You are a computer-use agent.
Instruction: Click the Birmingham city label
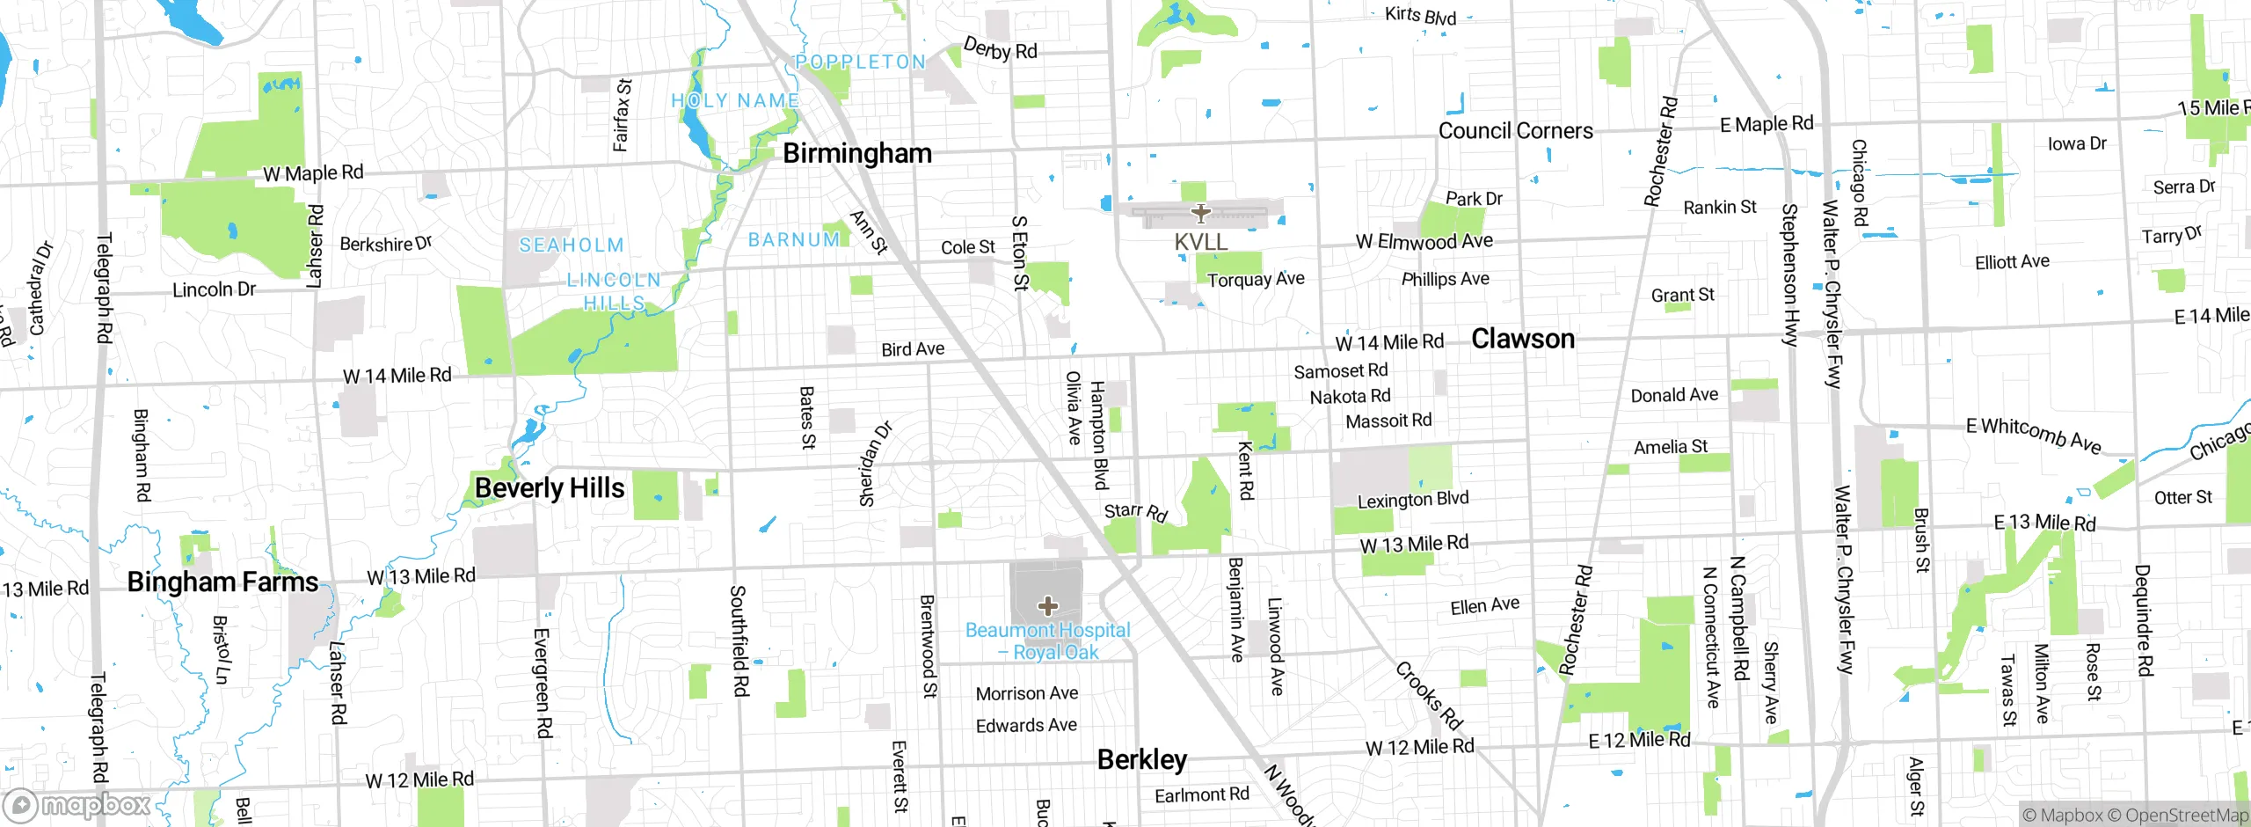(x=856, y=153)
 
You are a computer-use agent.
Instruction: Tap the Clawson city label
(x=1522, y=339)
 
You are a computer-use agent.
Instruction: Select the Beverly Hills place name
(x=550, y=488)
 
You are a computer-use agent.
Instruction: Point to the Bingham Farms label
(x=222, y=582)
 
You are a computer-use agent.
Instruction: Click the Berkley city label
(x=1141, y=759)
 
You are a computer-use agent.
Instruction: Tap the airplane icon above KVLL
(x=1200, y=213)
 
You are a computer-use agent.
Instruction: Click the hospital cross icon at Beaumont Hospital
(x=1047, y=605)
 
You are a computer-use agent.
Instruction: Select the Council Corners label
(x=1515, y=131)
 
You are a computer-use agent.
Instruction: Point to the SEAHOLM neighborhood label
(x=571, y=245)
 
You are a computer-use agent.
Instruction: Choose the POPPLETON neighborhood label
(x=860, y=62)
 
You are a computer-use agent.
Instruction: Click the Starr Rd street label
(x=1135, y=511)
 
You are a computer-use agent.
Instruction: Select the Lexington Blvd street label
(x=1412, y=500)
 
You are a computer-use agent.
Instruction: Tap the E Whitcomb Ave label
(x=2033, y=435)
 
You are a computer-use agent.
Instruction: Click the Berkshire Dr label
(x=385, y=244)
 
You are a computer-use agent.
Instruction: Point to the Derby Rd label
(x=1000, y=48)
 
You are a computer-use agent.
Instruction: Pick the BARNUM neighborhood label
(x=793, y=240)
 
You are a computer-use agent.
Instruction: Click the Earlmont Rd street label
(x=1201, y=795)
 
